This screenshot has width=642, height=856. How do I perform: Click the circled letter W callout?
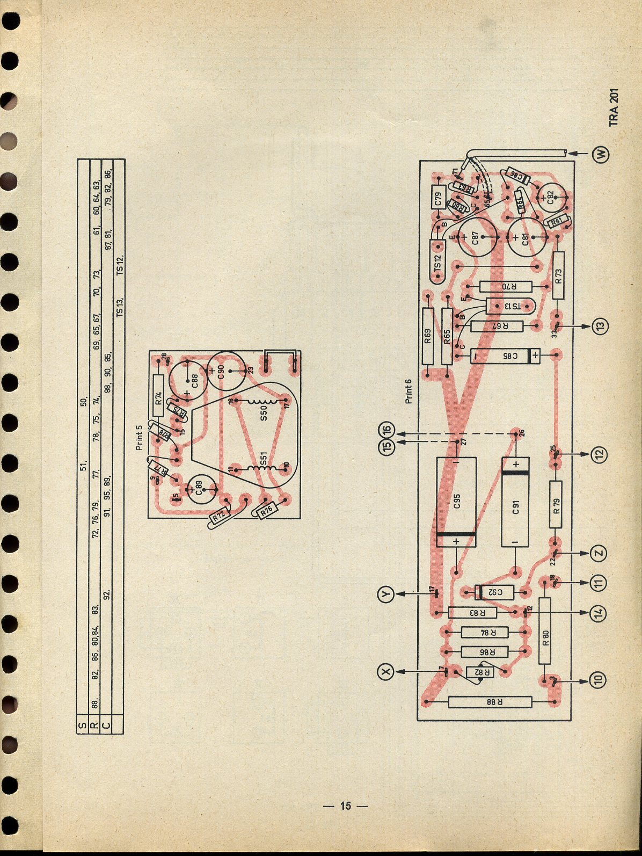[601, 154]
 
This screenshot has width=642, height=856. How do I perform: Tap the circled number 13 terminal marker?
[600, 325]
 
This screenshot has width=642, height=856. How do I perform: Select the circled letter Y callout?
[386, 593]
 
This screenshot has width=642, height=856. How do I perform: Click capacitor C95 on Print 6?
[456, 502]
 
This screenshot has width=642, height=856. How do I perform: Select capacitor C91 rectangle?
[515, 502]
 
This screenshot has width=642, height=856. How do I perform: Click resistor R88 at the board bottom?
[490, 702]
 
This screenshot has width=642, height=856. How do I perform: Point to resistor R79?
[556, 506]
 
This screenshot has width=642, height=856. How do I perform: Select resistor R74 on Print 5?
[158, 396]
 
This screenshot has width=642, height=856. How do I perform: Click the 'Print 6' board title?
[409, 391]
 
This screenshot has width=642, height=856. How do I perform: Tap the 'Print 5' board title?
[140, 438]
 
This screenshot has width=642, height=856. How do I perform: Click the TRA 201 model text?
[614, 107]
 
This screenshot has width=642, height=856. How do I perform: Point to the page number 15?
[345, 806]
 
